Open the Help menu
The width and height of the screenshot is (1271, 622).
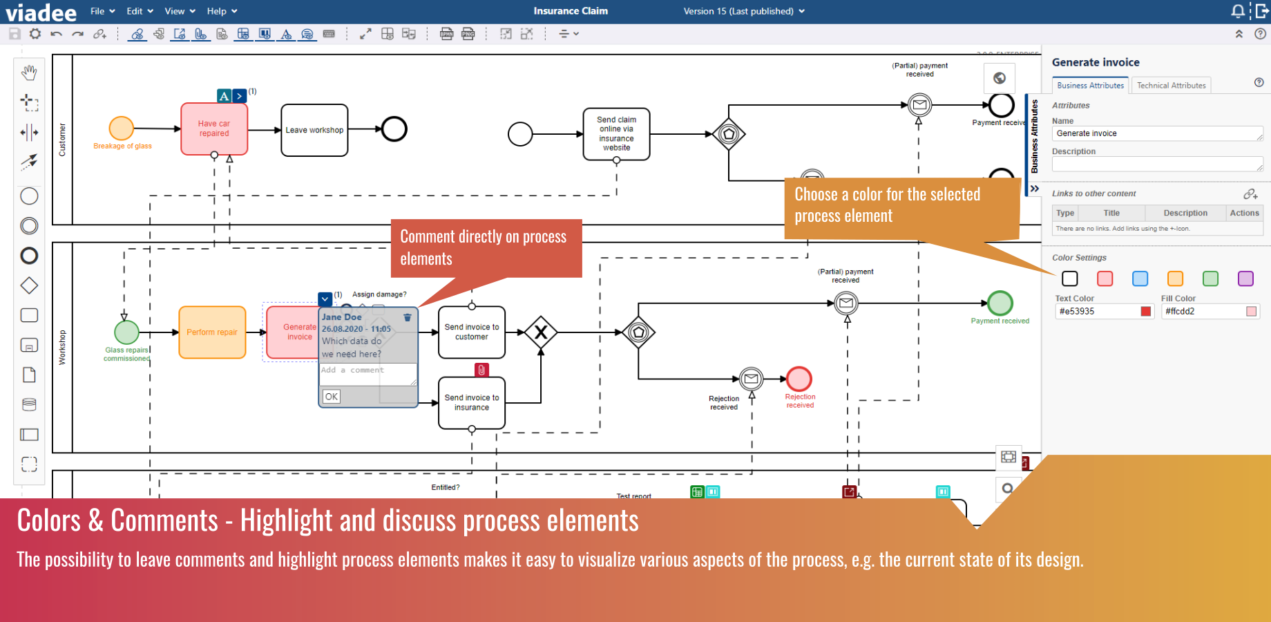221,11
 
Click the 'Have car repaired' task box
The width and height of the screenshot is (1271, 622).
214,129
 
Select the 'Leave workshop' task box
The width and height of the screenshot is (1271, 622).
314,130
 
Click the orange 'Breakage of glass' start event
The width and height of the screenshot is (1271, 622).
122,129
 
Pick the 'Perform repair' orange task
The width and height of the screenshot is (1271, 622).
212,332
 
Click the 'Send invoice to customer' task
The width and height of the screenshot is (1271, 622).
472,332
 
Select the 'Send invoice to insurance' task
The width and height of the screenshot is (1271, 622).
472,403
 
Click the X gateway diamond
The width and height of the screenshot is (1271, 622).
541,332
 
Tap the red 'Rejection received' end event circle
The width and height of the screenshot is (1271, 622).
799,379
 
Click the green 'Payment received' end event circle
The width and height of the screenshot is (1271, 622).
1000,303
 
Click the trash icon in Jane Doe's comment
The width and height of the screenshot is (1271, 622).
408,317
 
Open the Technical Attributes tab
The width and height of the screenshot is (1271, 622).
1171,86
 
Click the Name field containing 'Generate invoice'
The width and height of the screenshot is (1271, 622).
1156,133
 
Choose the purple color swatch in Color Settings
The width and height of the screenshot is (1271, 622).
1245,279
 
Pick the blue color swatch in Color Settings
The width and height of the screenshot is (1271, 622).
1140,279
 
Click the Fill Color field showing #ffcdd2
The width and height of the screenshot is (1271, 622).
1204,312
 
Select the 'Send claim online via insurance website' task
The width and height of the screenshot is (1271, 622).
616,133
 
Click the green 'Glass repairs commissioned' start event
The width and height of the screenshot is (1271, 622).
126,332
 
